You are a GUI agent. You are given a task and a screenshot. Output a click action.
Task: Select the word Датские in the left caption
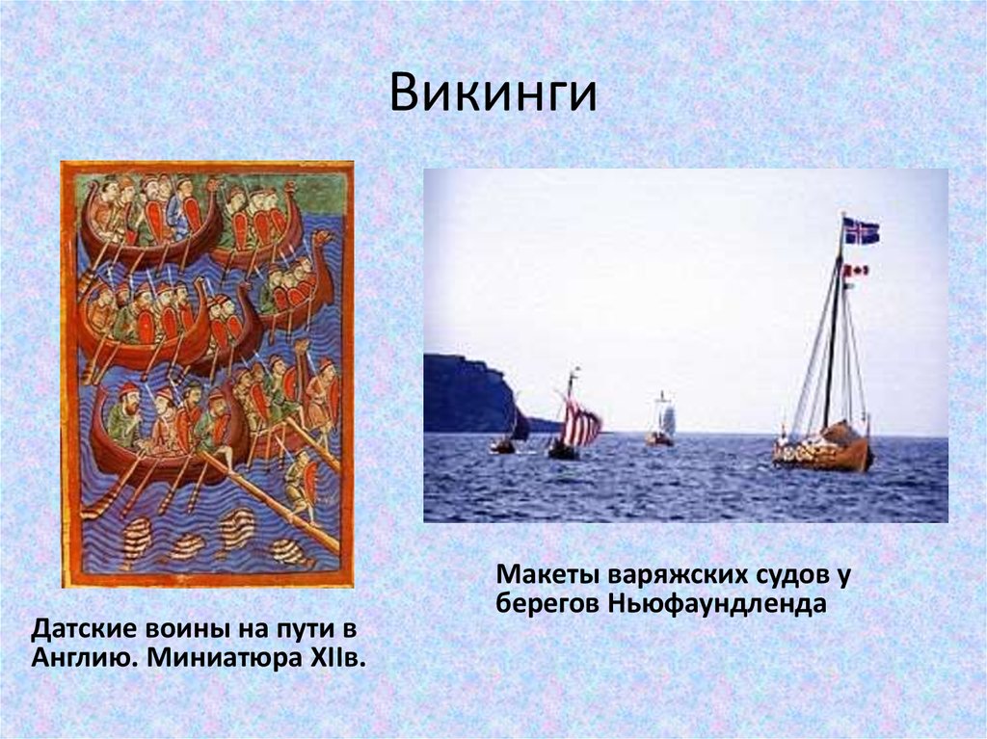[x=85, y=630]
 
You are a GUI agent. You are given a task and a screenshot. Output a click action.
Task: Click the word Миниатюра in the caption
[x=221, y=661]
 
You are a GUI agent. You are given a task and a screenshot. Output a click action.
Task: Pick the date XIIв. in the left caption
[x=338, y=661]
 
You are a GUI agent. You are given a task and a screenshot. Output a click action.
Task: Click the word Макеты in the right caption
[x=547, y=574]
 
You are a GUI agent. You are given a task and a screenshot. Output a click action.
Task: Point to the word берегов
[x=547, y=604]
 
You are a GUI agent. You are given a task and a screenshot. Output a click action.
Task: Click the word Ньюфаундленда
[x=717, y=604]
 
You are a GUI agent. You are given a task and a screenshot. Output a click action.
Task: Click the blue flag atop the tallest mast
[x=861, y=230]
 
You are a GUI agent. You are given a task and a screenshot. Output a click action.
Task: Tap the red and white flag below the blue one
[x=856, y=271]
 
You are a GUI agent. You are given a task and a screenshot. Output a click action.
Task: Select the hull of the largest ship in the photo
[x=824, y=454]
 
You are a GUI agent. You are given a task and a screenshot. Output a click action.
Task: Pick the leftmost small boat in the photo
[x=503, y=444]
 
